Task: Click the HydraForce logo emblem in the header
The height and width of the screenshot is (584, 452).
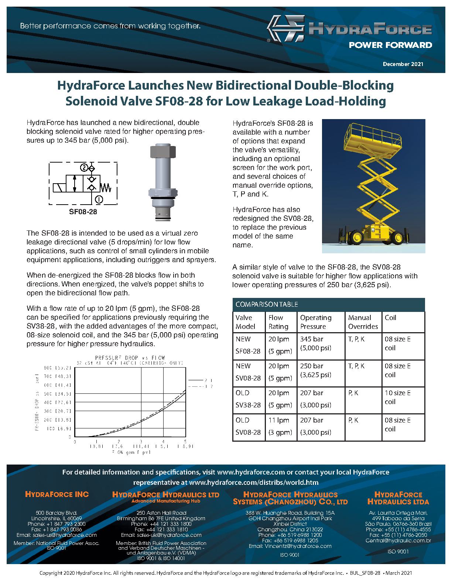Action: [285, 29]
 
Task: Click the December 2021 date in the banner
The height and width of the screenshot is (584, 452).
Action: [403, 64]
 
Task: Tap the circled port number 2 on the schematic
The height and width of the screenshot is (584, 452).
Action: [84, 168]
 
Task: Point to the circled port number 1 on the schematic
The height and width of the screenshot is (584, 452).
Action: [99, 199]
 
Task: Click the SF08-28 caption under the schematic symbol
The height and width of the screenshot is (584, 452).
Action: [83, 212]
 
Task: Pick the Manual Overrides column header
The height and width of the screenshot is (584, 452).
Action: [363, 322]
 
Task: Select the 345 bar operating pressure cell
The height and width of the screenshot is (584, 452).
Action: [311, 339]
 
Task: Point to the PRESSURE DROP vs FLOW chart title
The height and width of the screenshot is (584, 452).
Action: [130, 358]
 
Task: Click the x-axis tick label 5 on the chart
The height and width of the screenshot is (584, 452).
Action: [185, 441]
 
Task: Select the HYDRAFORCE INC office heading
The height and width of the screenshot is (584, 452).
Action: [56, 494]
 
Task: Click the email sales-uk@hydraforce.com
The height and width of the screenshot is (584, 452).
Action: [161, 535]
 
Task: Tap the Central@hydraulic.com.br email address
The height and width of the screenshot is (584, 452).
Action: [398, 540]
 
